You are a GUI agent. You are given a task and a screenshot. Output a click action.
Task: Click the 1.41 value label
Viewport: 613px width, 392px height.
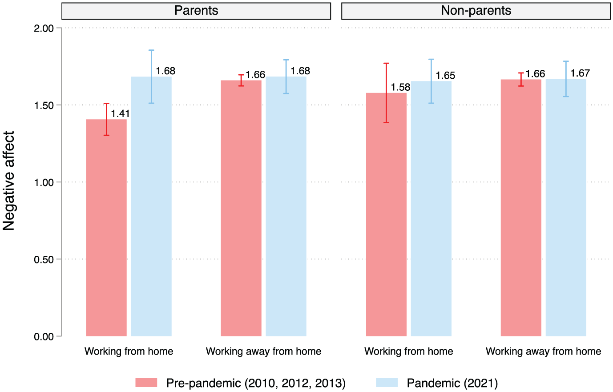120,113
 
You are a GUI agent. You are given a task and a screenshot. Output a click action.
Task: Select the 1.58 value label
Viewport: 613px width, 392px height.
400,87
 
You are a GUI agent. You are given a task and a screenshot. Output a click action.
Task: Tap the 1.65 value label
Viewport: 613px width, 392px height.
445,76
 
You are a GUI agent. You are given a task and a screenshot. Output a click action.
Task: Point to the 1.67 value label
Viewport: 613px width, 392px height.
580,73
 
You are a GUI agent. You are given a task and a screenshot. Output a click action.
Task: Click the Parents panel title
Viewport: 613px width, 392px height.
196,11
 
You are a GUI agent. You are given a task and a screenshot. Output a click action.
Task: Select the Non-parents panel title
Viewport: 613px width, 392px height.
476,11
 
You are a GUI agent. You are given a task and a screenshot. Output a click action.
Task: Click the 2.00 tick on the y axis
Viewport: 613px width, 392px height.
44,28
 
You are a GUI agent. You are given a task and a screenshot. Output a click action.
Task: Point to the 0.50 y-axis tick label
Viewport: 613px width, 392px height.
44,259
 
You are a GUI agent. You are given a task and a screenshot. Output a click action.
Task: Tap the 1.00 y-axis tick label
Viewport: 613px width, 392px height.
44,182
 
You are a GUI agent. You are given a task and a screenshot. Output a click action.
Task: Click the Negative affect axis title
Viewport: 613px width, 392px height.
8,181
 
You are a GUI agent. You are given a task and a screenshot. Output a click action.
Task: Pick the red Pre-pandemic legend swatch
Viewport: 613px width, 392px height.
146,383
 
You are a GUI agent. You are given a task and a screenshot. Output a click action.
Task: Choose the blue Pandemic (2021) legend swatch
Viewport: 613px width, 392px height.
387,383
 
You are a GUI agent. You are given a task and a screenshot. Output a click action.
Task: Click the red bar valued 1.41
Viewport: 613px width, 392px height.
106,228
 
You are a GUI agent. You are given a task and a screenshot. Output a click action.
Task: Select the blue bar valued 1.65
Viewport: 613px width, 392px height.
431,209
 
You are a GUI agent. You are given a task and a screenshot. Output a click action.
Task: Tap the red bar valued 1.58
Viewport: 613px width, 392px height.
386,214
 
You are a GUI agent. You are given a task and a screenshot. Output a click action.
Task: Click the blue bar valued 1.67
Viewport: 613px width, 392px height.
566,207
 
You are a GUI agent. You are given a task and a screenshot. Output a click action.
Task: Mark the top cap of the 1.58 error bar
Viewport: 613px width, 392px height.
386,64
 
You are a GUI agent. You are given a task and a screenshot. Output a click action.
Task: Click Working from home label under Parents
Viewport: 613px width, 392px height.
129,351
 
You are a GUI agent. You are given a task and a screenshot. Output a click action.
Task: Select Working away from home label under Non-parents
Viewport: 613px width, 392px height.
544,351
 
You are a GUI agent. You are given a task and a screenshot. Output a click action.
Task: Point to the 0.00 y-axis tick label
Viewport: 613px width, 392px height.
44,337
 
